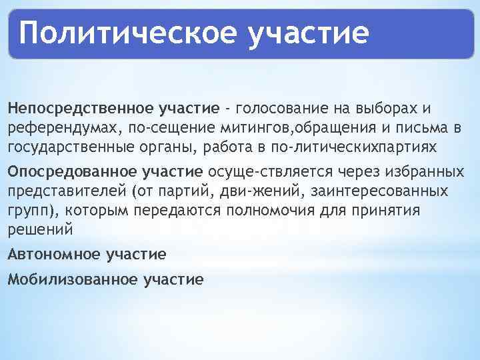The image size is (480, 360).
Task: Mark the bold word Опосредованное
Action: (73, 172)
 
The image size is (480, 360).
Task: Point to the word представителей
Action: (67, 191)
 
